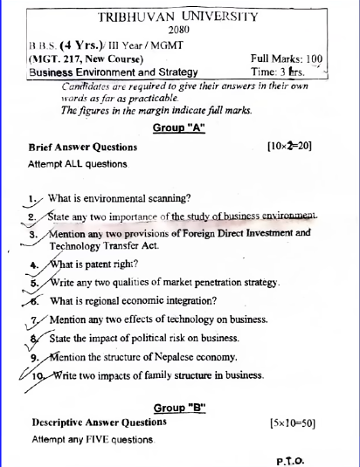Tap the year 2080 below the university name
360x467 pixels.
point(179,31)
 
